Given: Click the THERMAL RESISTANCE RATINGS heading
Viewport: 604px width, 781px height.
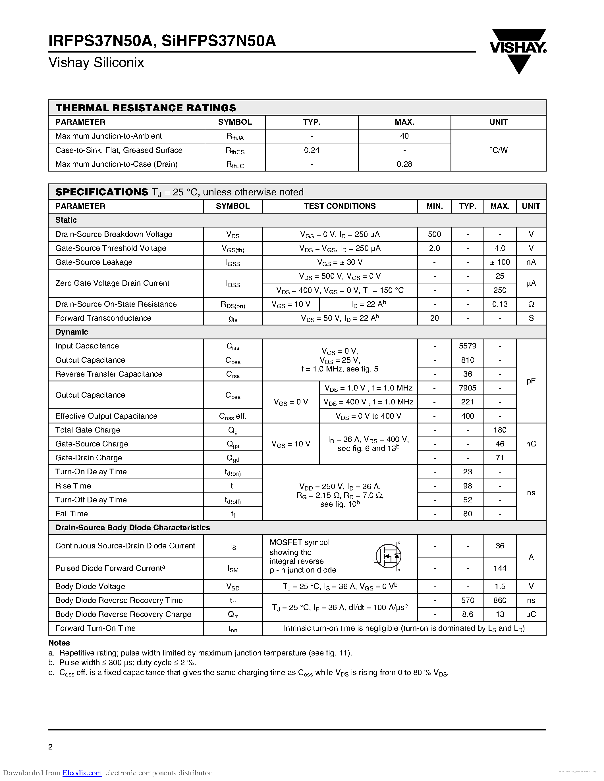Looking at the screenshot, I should click(x=146, y=108).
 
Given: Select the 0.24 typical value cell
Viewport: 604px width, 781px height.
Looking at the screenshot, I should click(x=311, y=150).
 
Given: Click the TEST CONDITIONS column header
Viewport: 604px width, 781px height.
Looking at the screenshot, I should click(x=340, y=206).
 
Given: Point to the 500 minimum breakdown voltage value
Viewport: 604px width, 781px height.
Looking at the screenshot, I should click(x=434, y=234).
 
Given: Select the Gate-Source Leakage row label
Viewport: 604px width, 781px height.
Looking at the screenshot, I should click(x=94, y=262).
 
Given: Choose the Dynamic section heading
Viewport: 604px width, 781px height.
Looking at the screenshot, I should click(x=72, y=332).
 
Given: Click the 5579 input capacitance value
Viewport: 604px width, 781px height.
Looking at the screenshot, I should click(x=467, y=346).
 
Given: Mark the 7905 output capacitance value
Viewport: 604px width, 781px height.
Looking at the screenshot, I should click(x=467, y=388).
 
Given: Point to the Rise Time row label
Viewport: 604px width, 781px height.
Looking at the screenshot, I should click(x=73, y=486).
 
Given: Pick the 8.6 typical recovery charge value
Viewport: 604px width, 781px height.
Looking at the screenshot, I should click(x=467, y=614).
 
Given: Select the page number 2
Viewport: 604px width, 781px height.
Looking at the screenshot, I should click(x=51, y=747).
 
